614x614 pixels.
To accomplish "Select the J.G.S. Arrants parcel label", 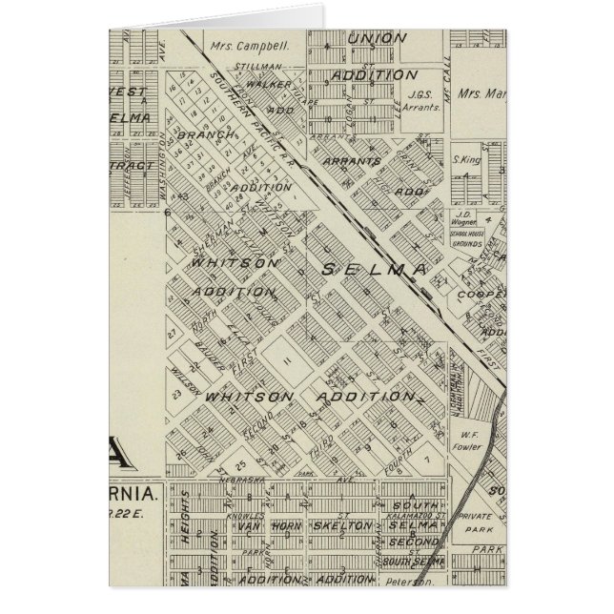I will coord(419,100).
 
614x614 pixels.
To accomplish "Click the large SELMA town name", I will coord(372,270).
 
